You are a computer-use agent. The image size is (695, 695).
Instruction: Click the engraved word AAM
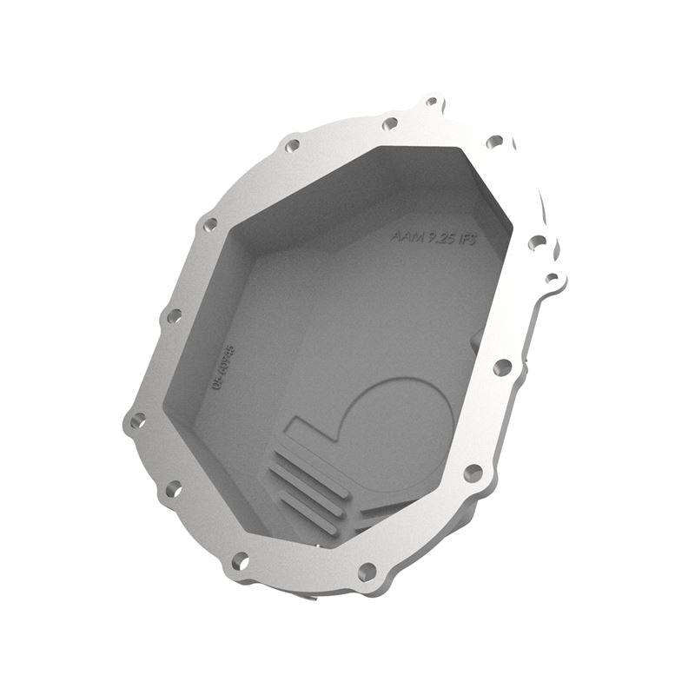405,234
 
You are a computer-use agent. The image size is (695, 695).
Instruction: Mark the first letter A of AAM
396,233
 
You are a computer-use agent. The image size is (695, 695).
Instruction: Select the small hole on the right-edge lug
551,279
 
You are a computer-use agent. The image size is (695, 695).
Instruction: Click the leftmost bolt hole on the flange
137,421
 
